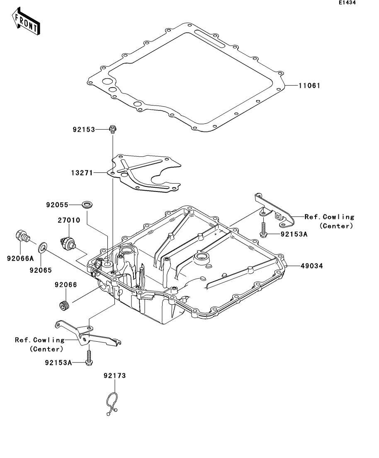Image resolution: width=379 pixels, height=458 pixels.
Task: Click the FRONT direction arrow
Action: point(26,21)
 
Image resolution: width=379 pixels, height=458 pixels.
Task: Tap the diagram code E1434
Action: point(347,2)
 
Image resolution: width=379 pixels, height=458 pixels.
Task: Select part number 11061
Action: point(309,86)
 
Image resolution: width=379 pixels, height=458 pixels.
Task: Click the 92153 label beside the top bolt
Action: point(84,130)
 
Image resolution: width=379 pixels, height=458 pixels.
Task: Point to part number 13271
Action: point(82,173)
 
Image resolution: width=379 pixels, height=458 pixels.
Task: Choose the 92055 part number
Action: point(57,205)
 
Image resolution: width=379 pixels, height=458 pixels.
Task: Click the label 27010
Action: point(69,220)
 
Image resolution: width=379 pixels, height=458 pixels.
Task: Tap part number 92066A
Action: point(20,259)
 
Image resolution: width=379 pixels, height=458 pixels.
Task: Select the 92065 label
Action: point(41,270)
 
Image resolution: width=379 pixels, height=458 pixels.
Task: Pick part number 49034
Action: point(312,266)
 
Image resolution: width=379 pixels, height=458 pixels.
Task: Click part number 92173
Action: point(115,376)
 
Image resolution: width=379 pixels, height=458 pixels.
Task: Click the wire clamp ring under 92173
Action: point(112,404)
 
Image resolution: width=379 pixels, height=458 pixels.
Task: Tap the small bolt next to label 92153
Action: point(112,129)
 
